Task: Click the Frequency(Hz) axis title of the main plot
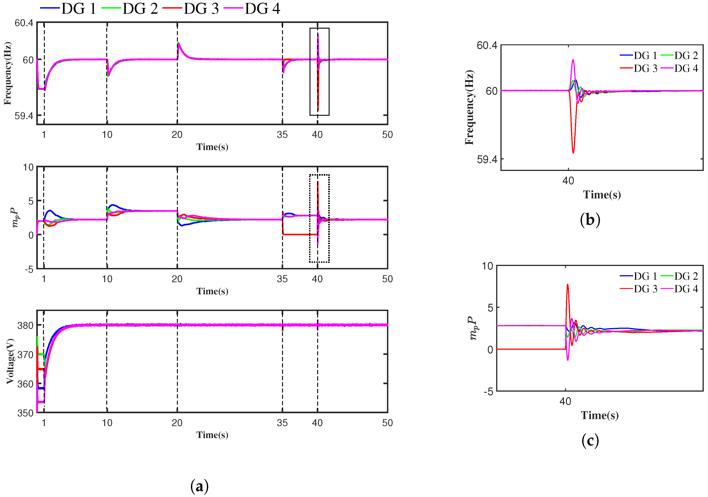(x=8, y=73)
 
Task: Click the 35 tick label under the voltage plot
(x=282, y=423)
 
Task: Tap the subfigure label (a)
(x=199, y=486)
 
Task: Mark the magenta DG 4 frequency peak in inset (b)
(x=573, y=60)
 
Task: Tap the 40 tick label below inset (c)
(x=565, y=401)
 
